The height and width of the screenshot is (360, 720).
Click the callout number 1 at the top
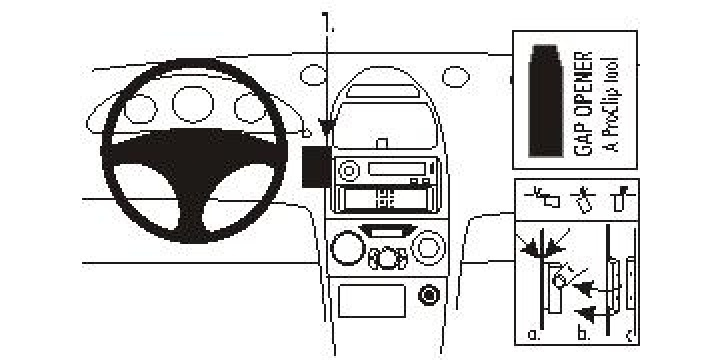pos(327,19)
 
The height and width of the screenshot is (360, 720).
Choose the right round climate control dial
pos(429,245)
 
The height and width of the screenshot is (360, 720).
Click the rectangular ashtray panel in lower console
pos(372,300)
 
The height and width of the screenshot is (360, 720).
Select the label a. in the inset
pos(533,332)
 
